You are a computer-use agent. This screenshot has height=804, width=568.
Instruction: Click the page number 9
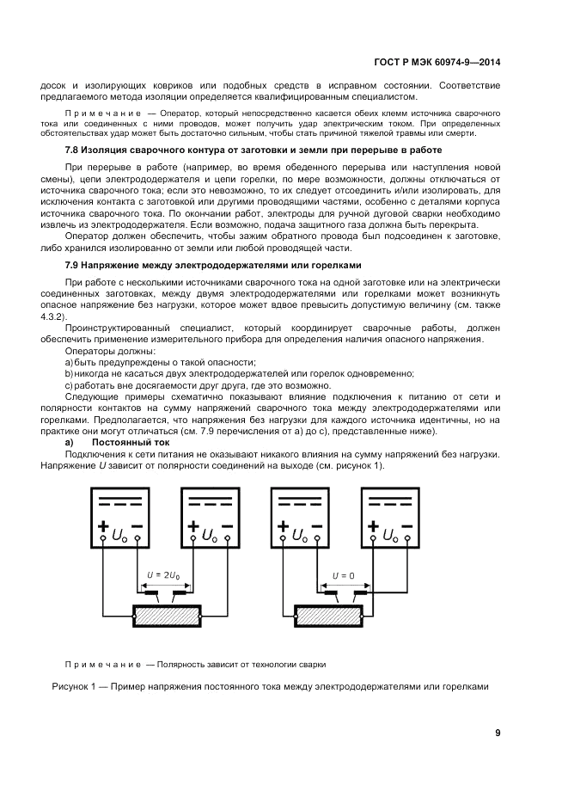[x=498, y=733]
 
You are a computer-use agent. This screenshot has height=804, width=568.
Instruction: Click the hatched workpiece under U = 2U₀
[x=164, y=617]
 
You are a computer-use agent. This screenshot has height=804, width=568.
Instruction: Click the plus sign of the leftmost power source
[x=104, y=527]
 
